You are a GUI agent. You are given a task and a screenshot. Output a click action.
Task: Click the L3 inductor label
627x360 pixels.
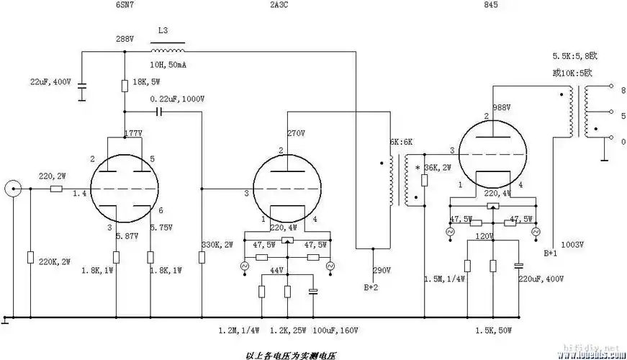click(x=163, y=32)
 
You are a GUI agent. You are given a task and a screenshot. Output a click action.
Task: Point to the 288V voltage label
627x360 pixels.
click(x=125, y=38)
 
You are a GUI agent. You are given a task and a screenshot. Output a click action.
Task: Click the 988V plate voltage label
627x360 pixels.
click(x=502, y=107)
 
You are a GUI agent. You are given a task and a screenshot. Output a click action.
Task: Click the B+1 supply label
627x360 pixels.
click(x=551, y=253)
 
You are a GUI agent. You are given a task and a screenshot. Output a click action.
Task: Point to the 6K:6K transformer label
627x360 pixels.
click(x=402, y=143)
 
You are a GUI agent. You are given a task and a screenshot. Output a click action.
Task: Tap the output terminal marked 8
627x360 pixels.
click(x=612, y=91)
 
